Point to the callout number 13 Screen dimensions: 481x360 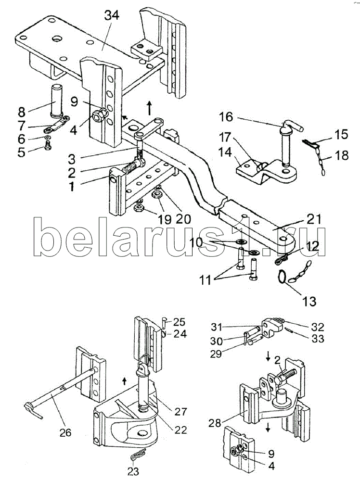pos(309,302)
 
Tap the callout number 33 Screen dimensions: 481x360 pos(318,339)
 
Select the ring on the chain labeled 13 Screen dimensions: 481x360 pos(284,278)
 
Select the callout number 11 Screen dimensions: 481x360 pos(209,279)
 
